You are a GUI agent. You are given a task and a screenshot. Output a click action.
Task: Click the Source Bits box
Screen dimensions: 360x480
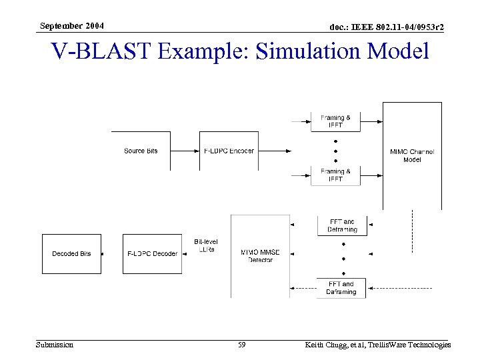pos(141,151)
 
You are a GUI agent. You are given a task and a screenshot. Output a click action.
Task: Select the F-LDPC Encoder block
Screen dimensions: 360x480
pos(229,151)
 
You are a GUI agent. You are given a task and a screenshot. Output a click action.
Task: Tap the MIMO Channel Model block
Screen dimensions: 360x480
pos(411,155)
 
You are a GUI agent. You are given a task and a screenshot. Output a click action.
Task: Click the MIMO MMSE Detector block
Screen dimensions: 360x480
pos(260,255)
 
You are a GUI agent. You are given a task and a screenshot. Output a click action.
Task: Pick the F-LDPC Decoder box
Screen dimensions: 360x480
pos(152,254)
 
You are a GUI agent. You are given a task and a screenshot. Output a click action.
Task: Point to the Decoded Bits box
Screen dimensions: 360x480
pos(71,254)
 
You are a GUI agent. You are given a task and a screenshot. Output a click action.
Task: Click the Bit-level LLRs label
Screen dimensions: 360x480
pos(206,245)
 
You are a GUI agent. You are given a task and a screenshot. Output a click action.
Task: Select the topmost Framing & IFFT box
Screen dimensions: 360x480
pos(336,121)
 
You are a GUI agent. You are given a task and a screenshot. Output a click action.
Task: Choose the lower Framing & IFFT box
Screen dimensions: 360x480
pos(336,175)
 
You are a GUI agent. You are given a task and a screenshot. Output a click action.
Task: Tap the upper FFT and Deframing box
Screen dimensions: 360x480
pos(341,225)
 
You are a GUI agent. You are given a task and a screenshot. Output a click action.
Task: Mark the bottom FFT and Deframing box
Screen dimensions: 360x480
pos(341,288)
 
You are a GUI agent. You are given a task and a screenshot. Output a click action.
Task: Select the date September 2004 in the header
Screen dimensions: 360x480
pos(71,25)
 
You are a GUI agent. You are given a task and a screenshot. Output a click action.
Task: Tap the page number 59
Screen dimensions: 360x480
pos(242,345)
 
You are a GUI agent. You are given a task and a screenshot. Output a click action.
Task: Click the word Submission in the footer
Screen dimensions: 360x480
pos(55,345)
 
